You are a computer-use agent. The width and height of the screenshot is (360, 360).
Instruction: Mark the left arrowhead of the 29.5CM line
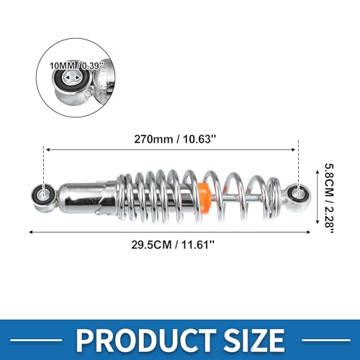coord(30,231)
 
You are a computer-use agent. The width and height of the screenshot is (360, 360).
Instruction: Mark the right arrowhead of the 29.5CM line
coord(310,231)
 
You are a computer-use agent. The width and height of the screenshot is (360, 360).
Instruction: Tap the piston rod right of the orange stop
coord(245,195)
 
